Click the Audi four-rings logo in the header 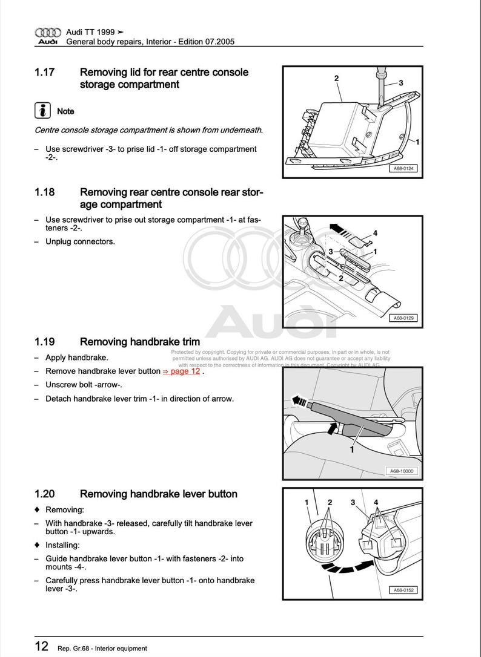coord(48,32)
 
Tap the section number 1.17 coord(44,72)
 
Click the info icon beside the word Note coord(42,111)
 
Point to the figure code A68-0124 coord(403,169)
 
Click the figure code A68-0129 coord(403,318)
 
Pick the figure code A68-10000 coord(402,471)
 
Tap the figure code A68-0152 coord(403,590)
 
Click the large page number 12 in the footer coord(41,646)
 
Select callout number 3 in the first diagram coord(401,83)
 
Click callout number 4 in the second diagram coord(376,232)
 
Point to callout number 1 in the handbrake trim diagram coord(351,449)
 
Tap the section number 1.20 coord(45,494)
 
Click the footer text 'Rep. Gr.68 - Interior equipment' coord(102,648)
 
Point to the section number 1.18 coord(44,192)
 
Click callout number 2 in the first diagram coord(336,78)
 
